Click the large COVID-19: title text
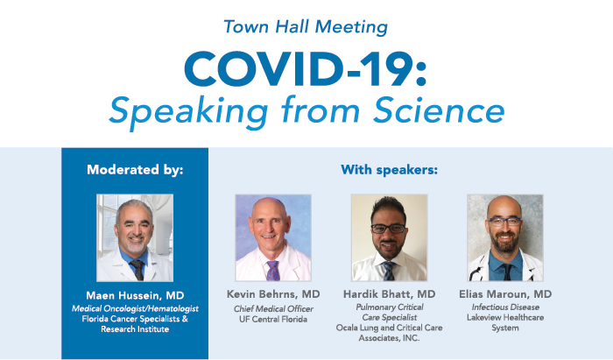tap(306, 67)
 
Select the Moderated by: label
tap(135, 170)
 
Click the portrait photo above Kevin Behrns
tap(272, 236)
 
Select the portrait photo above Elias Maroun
tap(504, 236)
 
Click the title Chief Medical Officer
tap(272, 307)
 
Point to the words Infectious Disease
tap(505, 307)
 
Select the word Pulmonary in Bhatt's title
tap(370, 307)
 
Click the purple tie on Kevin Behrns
tap(273, 271)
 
